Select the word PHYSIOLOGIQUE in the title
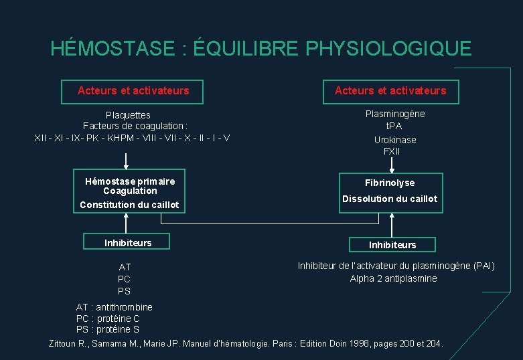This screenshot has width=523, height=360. click(388, 49)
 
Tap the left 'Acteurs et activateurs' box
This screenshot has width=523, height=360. click(133, 90)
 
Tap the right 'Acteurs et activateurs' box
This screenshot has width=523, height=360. click(390, 90)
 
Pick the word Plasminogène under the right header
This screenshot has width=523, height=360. click(395, 114)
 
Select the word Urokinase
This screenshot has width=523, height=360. click(395, 140)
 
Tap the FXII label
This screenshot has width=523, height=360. click(392, 151)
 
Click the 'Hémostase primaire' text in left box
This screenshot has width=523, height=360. click(130, 181)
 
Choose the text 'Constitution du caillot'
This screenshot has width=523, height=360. click(129, 205)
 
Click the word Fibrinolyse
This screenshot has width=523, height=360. click(390, 183)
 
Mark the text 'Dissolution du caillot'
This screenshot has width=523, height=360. click(390, 199)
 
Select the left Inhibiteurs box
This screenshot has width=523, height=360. click(128, 242)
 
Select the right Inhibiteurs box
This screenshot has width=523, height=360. click(392, 245)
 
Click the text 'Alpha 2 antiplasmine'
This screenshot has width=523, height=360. click(393, 278)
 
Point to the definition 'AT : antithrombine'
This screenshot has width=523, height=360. click(115, 307)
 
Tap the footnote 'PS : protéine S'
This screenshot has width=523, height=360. click(108, 329)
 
